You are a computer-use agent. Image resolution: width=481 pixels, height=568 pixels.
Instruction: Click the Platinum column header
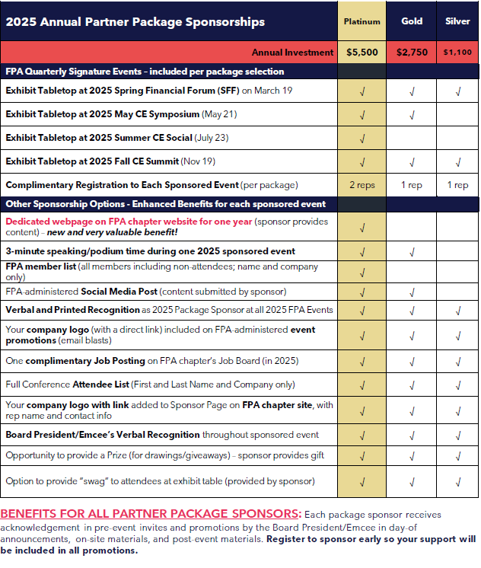point(362,21)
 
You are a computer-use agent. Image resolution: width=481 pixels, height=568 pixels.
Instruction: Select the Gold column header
point(412,21)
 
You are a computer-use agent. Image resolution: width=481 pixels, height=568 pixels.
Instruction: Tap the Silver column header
point(457,21)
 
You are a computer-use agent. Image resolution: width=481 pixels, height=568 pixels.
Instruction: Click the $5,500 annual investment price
point(362,53)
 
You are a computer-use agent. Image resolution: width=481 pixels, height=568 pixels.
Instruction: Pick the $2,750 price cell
point(412,53)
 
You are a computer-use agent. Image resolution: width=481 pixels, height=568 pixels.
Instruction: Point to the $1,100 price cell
point(457,53)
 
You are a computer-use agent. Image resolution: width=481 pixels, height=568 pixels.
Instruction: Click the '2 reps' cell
point(362,185)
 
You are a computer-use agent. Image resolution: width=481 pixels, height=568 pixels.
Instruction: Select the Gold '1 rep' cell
point(412,185)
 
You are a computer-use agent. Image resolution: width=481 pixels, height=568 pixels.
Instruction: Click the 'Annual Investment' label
point(292,53)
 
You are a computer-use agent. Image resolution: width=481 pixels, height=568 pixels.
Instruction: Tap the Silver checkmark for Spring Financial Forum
point(457,92)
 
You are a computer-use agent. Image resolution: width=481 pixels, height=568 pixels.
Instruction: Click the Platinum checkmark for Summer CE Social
point(362,139)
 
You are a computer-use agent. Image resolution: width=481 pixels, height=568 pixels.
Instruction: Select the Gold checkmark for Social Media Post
point(412,292)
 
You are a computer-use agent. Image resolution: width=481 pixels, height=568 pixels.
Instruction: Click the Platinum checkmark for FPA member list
point(362,272)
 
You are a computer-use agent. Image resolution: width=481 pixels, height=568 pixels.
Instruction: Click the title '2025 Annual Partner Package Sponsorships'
point(135,21)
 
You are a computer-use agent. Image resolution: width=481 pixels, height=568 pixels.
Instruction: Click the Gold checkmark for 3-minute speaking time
point(412,251)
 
